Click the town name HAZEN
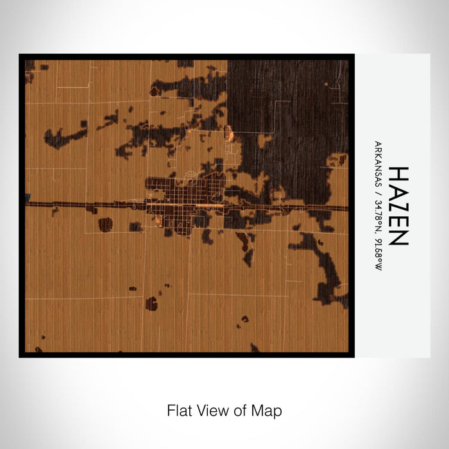click(x=398, y=206)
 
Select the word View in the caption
click(x=214, y=410)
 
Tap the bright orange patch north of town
click(x=229, y=133)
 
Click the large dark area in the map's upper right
click(x=289, y=109)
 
